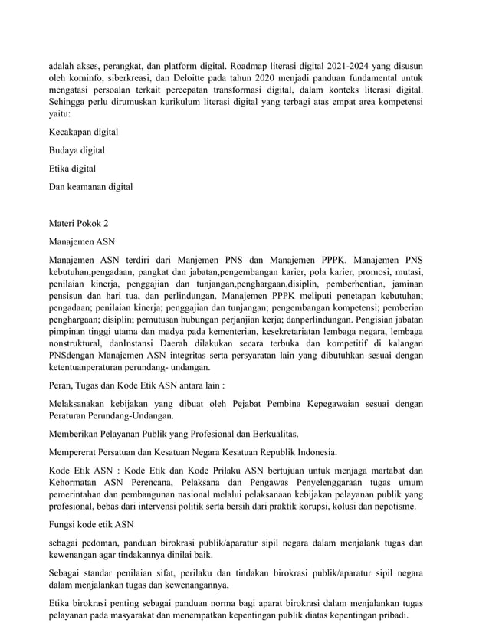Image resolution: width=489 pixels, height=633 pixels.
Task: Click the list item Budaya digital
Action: click(x=77, y=150)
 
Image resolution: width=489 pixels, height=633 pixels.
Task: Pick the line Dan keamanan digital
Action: click(x=90, y=186)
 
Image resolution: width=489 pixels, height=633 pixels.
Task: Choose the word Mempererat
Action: click(x=75, y=451)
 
